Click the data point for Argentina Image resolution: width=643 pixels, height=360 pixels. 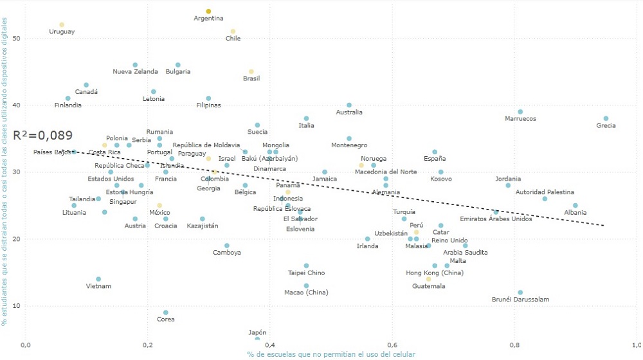point(208,12)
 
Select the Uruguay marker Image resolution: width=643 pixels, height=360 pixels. point(62,25)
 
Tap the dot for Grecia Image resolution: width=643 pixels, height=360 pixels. point(606,118)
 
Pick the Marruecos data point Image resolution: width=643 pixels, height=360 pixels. point(520,112)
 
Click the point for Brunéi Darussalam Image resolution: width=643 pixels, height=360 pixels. point(520,292)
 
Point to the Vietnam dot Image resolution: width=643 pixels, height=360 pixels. point(98,280)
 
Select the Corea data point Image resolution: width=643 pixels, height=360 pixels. point(166,312)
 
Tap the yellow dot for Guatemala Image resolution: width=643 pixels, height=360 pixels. point(429,279)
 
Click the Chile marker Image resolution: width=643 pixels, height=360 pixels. point(233,32)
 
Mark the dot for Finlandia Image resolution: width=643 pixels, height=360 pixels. point(68,98)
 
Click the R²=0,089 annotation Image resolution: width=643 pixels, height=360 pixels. point(42,136)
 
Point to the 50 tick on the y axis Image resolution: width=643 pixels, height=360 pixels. point(17,39)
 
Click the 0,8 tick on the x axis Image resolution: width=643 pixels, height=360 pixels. point(514,345)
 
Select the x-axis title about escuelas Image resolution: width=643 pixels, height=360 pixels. point(331,354)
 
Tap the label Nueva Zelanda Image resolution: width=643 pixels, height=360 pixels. point(135,71)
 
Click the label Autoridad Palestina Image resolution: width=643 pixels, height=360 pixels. point(545,192)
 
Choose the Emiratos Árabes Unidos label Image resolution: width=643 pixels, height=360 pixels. point(496,219)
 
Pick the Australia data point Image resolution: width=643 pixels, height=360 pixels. point(349,105)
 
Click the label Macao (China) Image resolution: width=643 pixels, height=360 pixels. point(306,292)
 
